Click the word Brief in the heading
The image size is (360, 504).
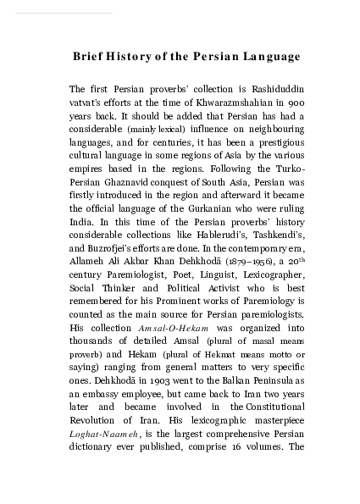coord(91,57)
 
